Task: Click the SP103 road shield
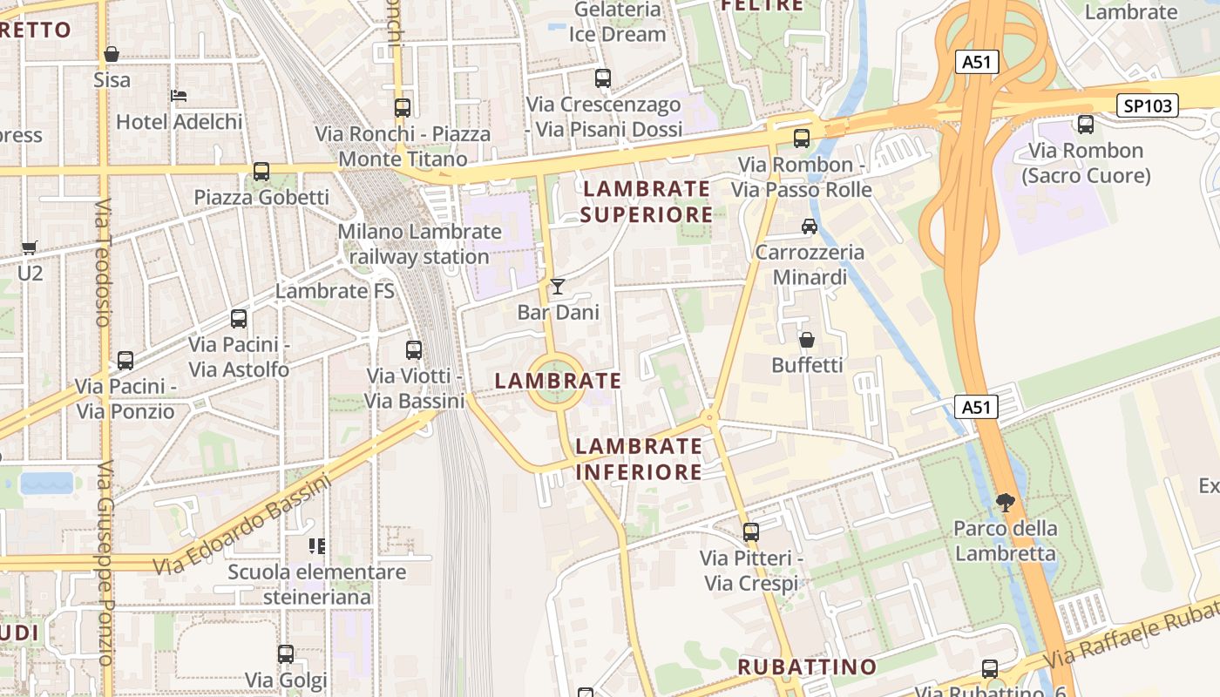pos(1148,106)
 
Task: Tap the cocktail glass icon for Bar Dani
pos(558,287)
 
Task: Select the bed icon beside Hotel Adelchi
pos(180,96)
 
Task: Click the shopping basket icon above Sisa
pos(112,55)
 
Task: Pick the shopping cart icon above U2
pos(30,247)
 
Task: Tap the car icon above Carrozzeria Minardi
pos(809,227)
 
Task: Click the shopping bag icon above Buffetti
pos(807,339)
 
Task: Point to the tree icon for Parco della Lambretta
pos(1005,502)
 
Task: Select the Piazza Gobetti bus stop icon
pos(261,172)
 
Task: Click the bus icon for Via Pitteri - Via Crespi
pos(750,531)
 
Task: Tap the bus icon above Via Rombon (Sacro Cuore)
pos(1085,125)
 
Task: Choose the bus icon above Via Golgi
pos(286,653)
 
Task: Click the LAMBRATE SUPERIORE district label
pos(647,201)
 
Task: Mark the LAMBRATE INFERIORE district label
pos(639,458)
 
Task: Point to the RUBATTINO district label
pos(807,667)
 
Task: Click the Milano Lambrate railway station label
pos(419,244)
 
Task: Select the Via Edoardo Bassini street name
pos(243,524)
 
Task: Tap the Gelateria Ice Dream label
pos(617,22)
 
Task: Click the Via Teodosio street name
pos(103,262)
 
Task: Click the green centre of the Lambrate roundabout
pos(555,382)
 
